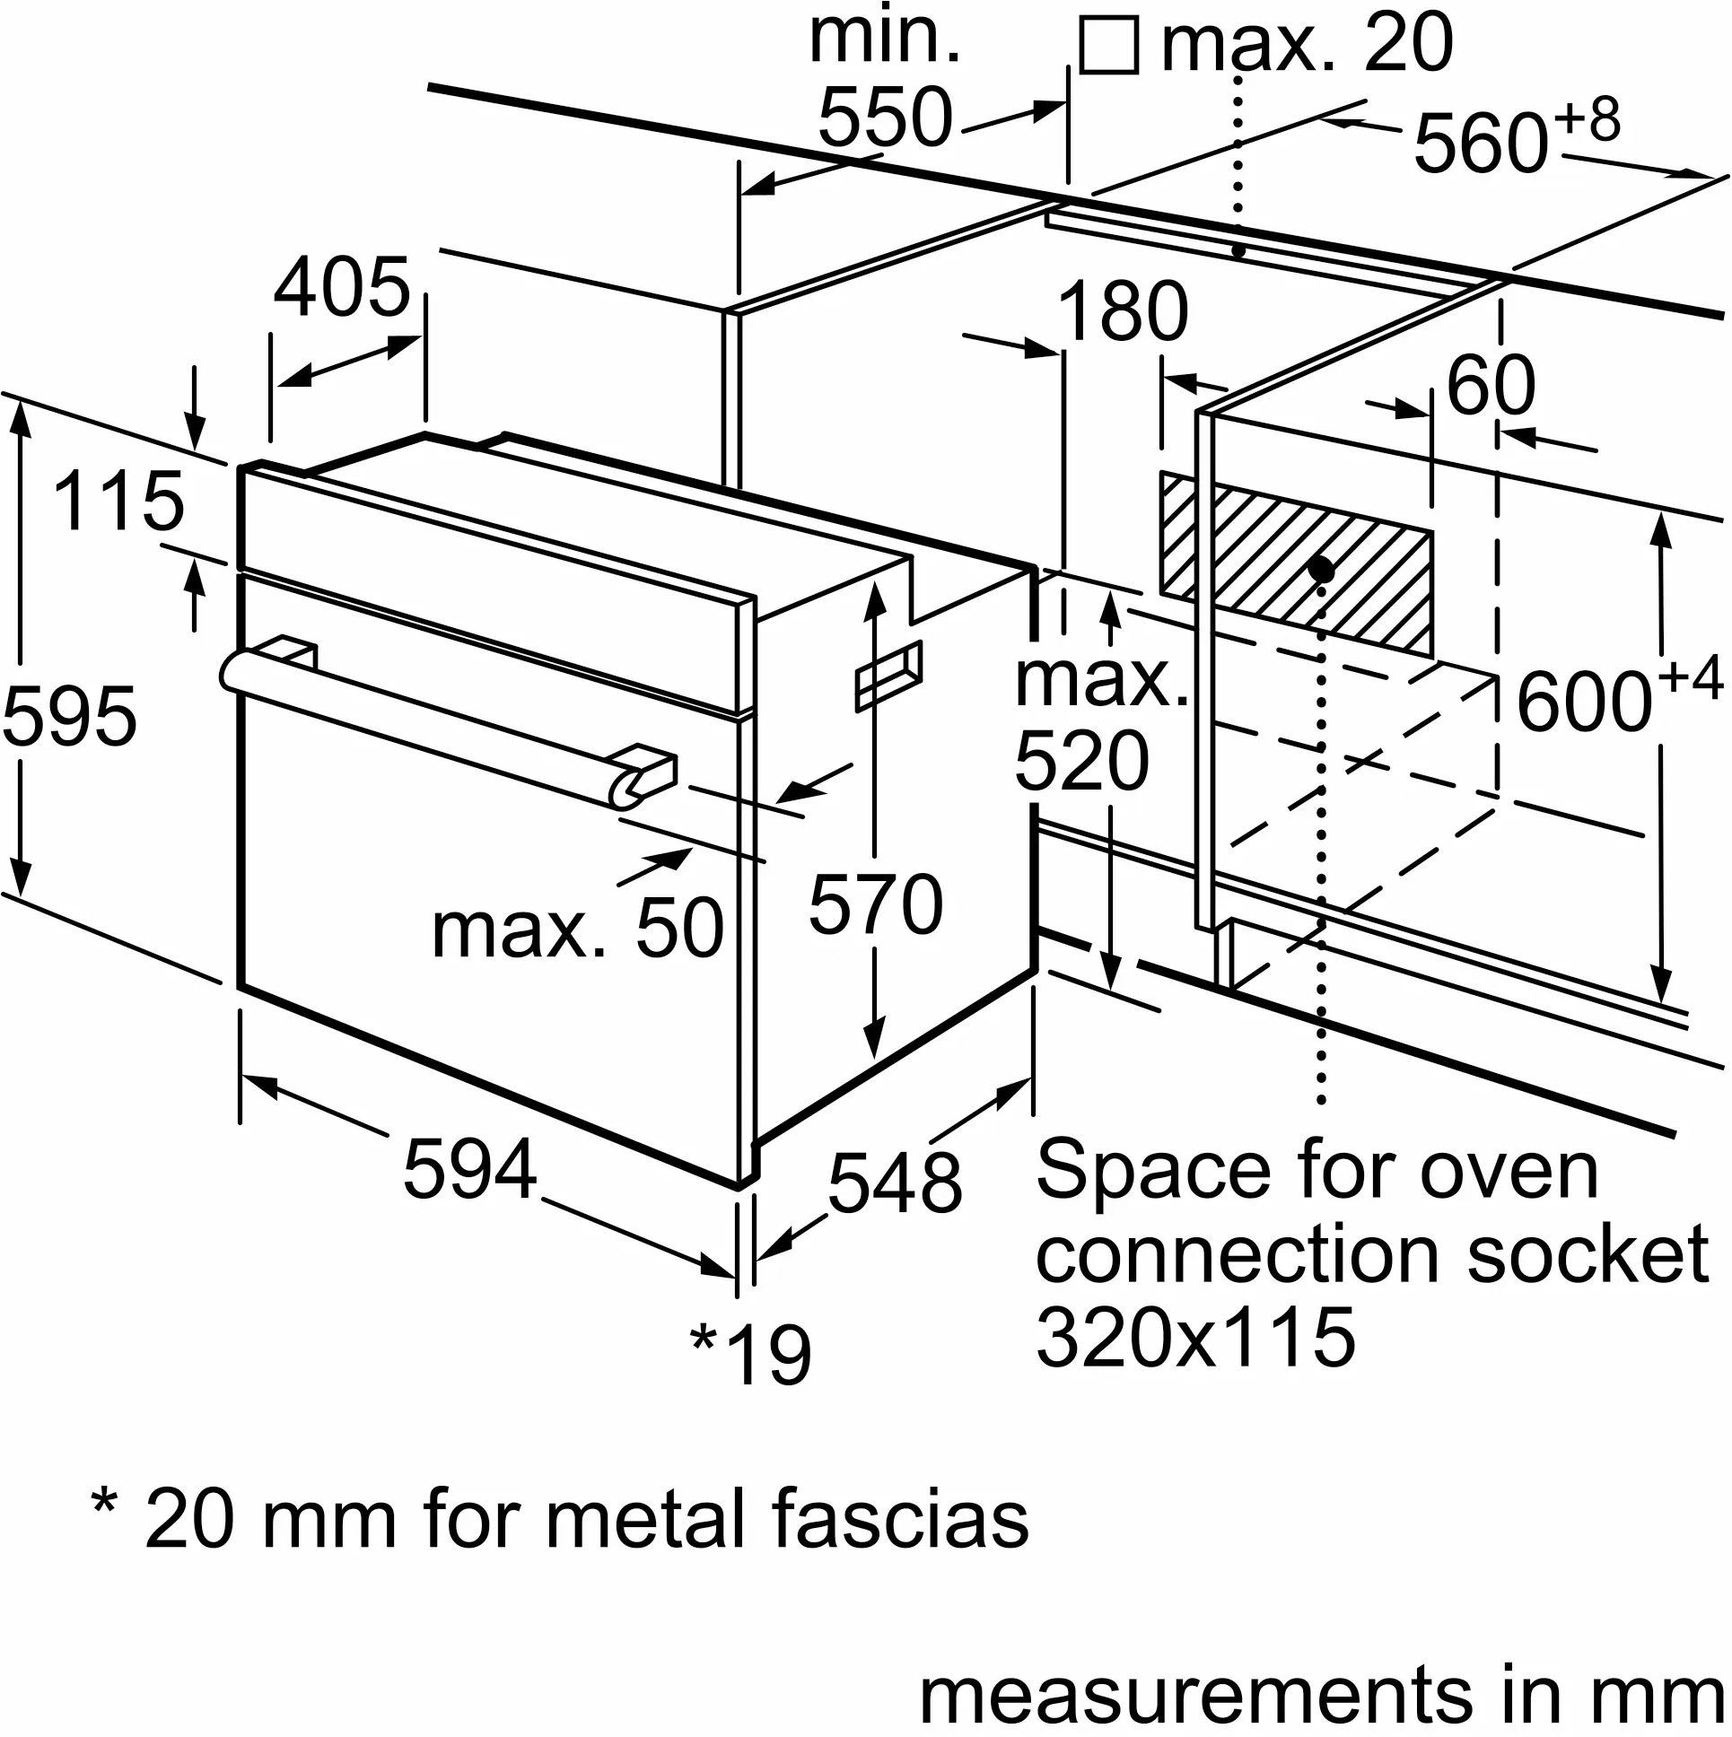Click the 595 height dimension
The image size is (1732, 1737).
click(69, 718)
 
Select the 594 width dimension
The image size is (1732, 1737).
click(469, 1169)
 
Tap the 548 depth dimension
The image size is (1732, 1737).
click(895, 1184)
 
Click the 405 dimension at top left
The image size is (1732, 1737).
click(342, 289)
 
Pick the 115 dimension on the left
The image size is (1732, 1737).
click(118, 501)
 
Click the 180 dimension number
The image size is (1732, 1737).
click(1124, 312)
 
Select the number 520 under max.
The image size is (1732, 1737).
click(1081, 762)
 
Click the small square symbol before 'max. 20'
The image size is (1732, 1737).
click(1109, 46)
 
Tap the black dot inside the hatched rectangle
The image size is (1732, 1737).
click(1321, 568)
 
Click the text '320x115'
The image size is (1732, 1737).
click(1196, 1338)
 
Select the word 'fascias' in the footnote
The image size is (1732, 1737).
click(900, 1519)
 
